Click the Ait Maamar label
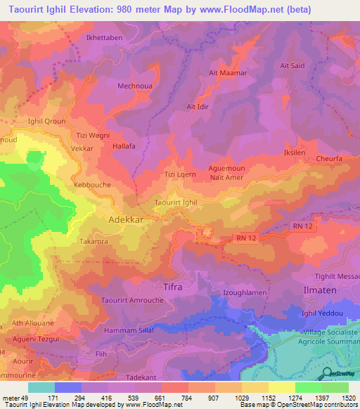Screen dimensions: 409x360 (225, 72)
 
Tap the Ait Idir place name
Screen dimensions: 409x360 (200, 107)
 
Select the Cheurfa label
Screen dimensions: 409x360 (330, 159)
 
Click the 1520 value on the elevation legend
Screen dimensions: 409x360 (349, 398)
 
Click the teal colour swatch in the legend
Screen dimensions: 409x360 (41, 387)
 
